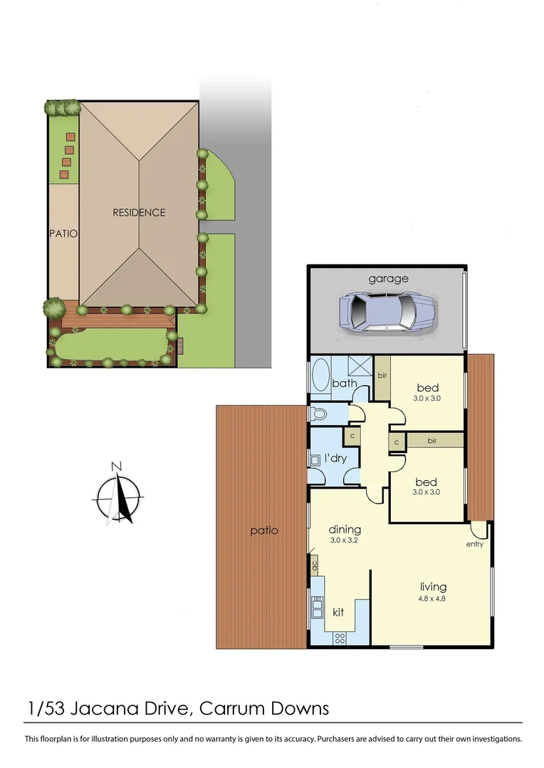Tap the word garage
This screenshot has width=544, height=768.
click(388, 278)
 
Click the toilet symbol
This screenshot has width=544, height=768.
click(318, 413)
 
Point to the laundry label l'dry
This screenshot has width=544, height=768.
click(335, 458)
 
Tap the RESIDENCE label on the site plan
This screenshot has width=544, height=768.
click(139, 213)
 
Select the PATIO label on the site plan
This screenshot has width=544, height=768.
click(63, 233)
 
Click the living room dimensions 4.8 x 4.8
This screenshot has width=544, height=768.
click(433, 599)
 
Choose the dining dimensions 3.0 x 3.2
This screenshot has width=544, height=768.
click(345, 541)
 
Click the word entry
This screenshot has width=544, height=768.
click(474, 545)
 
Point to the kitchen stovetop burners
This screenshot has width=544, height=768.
click(340, 636)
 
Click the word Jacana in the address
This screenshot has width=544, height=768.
click(110, 708)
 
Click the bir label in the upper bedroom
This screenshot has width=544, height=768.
click(382, 375)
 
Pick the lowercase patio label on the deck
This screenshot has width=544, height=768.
click(263, 530)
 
